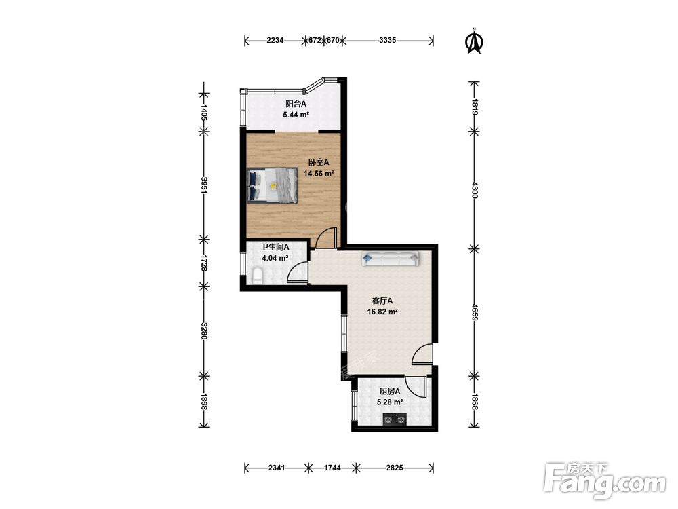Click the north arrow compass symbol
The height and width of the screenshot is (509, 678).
[475, 41]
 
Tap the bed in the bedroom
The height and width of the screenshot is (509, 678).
[273, 185]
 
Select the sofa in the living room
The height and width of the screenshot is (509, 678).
[391, 259]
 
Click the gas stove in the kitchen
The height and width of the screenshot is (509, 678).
[395, 419]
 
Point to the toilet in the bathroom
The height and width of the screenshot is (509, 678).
[257, 276]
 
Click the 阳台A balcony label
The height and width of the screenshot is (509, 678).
[296, 104]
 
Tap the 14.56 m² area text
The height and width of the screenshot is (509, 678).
[319, 174]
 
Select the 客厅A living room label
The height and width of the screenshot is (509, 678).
[382, 301]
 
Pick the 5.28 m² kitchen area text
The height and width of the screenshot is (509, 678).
[390, 402]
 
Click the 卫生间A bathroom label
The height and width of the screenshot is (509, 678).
[275, 247]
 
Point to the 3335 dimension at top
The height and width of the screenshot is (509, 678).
[387, 41]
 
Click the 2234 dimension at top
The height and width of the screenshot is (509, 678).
[275, 41]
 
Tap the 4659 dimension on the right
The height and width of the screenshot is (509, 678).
[475, 312]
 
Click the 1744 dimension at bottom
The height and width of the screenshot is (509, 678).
[332, 468]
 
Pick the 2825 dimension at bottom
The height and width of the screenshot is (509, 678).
[395, 468]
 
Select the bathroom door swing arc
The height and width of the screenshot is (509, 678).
[293, 268]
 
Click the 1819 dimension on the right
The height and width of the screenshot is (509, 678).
[475, 107]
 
